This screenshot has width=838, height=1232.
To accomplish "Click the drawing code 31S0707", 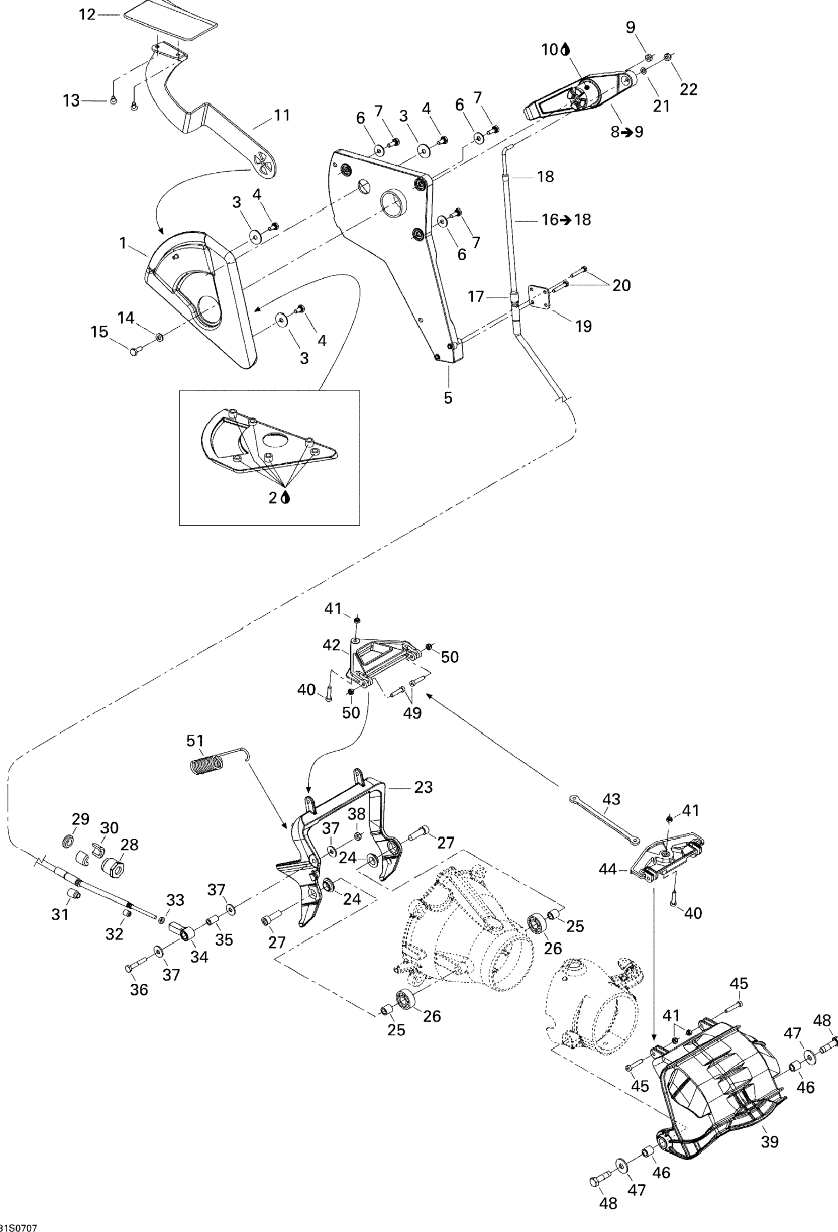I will click(19, 1226).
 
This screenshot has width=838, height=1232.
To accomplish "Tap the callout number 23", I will click(423, 787).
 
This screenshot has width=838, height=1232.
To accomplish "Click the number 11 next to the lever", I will click(282, 115).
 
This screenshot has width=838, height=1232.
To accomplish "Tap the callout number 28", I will click(130, 844).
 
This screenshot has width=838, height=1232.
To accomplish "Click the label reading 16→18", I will click(566, 219).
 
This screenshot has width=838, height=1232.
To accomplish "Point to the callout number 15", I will click(99, 332).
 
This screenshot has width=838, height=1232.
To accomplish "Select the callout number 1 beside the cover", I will click(123, 243).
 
